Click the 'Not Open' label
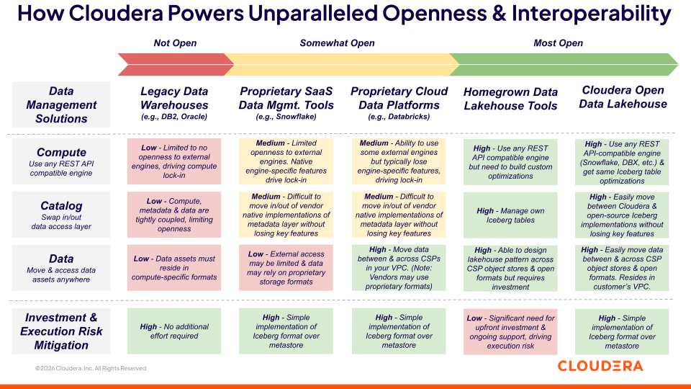[175, 43]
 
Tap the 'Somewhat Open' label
[337, 43]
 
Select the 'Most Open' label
[558, 43]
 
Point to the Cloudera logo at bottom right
[600, 366]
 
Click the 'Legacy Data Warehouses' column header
[174, 98]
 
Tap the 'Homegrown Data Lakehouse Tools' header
[510, 99]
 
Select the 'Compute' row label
[61, 153]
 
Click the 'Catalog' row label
[61, 206]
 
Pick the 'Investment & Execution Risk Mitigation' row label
[61, 331]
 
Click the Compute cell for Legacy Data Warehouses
[174, 161]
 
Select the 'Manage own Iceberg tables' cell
[510, 215]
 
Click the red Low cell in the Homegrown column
[510, 331]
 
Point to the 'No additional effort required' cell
[174, 331]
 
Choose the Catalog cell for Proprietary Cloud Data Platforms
[399, 215]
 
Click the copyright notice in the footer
[91, 368]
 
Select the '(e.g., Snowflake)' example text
[286, 116]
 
